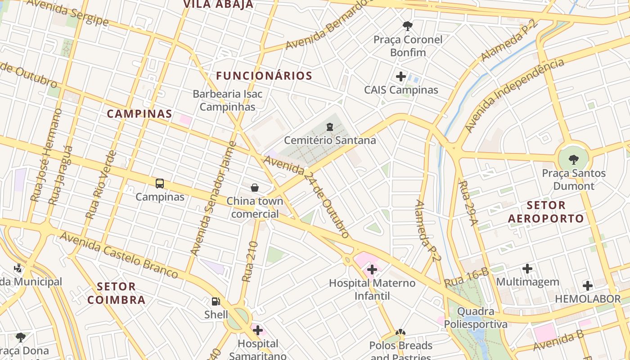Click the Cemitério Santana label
click(330, 140)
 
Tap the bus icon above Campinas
click(160, 184)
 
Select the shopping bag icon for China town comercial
click(255, 188)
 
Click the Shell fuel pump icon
click(216, 301)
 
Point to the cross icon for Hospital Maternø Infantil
click(372, 270)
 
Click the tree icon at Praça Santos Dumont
click(573, 159)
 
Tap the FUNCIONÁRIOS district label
click(264, 76)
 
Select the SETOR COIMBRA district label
click(117, 293)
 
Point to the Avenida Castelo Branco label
click(119, 254)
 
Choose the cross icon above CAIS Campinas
click(401, 76)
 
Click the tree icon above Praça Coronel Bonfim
click(408, 26)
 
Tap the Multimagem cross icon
click(527, 269)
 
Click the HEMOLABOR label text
click(588, 299)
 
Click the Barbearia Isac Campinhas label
click(228, 100)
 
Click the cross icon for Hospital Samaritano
click(258, 331)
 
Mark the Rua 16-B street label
click(467, 277)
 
